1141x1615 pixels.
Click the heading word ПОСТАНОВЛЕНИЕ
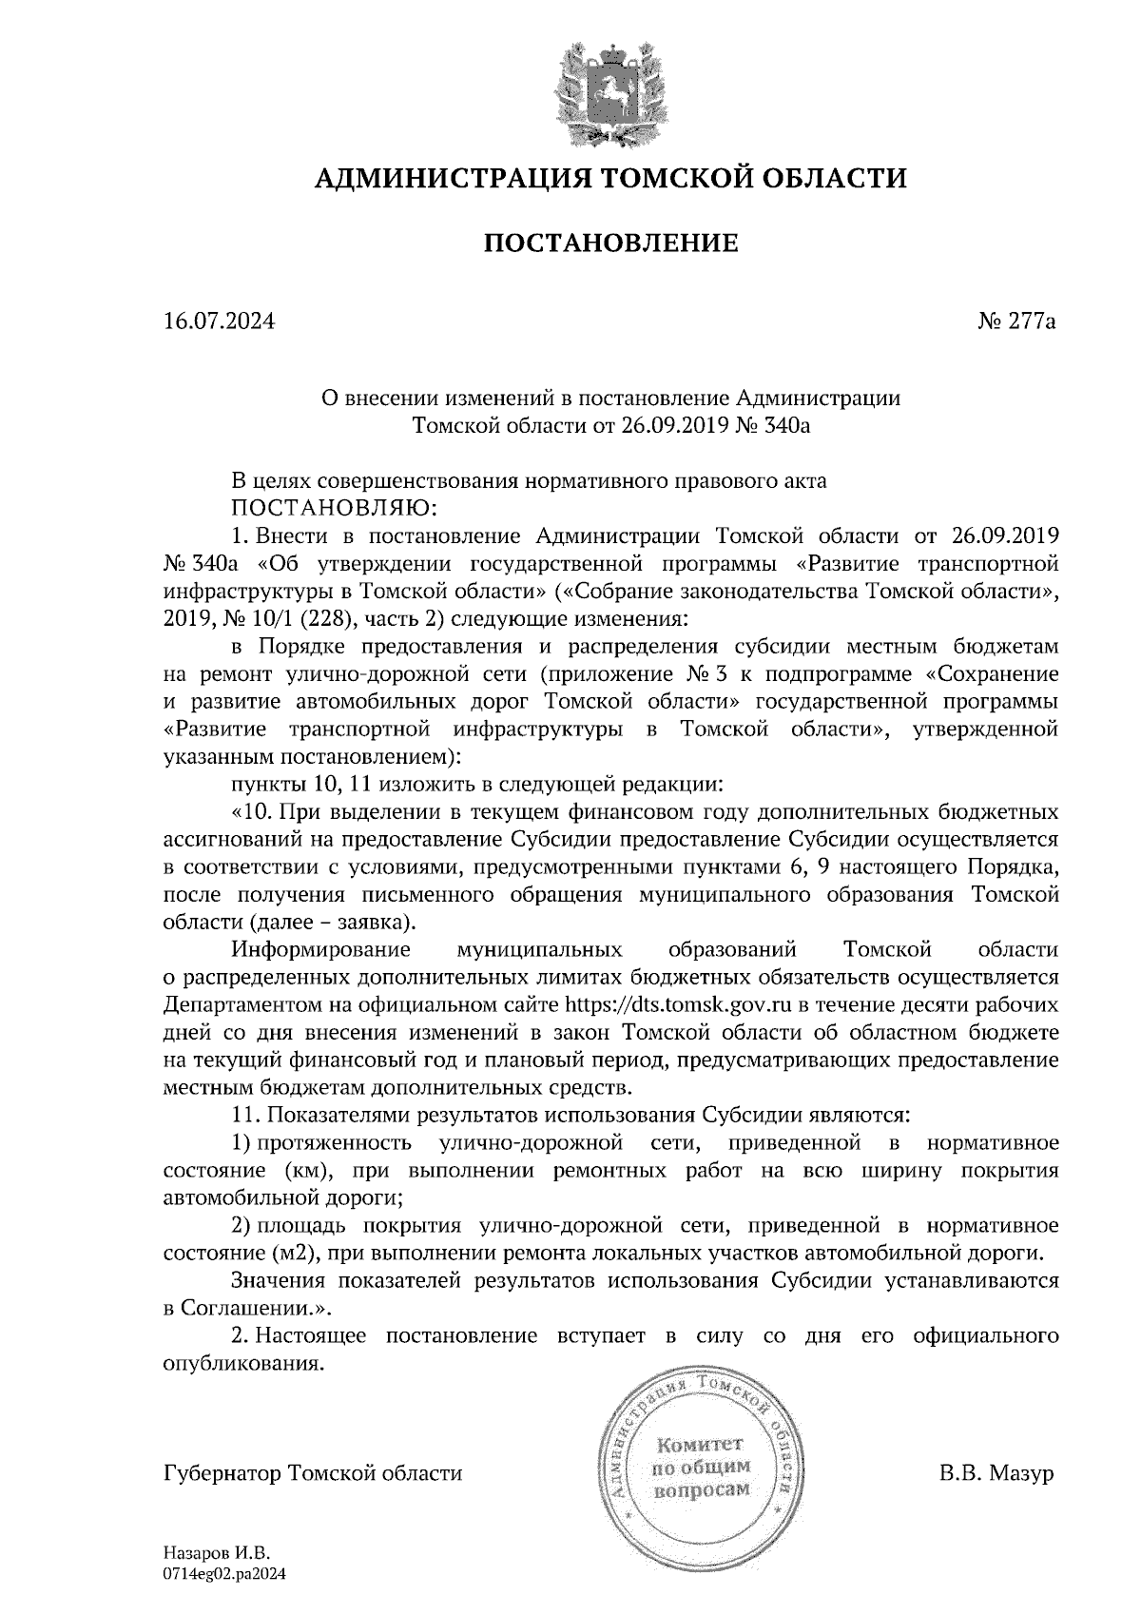pyautogui.click(x=611, y=243)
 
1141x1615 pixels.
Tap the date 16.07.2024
pyautogui.click(x=219, y=321)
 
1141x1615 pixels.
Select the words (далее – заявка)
pyautogui.click(x=333, y=923)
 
